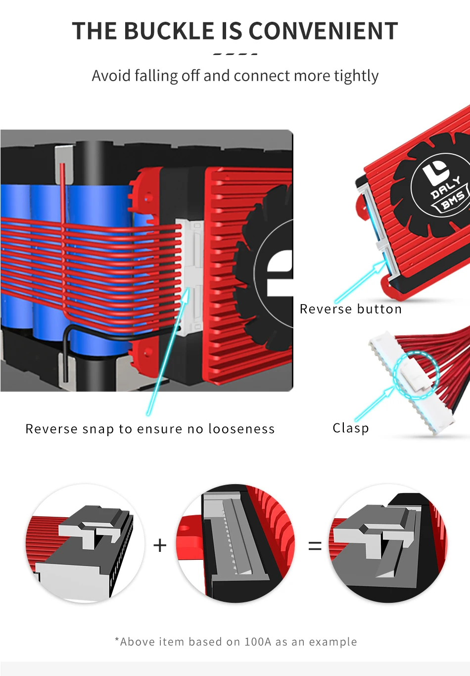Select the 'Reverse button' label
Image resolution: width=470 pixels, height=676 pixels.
[351, 309]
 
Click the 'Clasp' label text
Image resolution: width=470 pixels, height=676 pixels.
[351, 428]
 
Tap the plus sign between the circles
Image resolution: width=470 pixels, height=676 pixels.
[160, 545]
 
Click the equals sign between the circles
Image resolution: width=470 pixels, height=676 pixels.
[315, 546]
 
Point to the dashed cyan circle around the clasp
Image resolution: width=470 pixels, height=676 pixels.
[416, 374]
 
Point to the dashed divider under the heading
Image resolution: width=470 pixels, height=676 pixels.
[235, 53]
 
